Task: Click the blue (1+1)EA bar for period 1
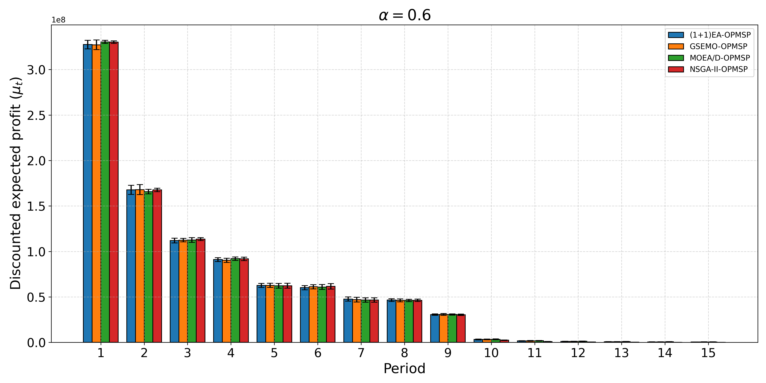point(87,193)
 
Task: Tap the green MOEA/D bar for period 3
point(192,291)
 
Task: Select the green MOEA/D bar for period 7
point(365,321)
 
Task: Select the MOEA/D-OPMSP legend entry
point(720,58)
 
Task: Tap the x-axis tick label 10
point(491,353)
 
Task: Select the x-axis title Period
point(404,369)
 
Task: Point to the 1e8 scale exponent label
point(59,20)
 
